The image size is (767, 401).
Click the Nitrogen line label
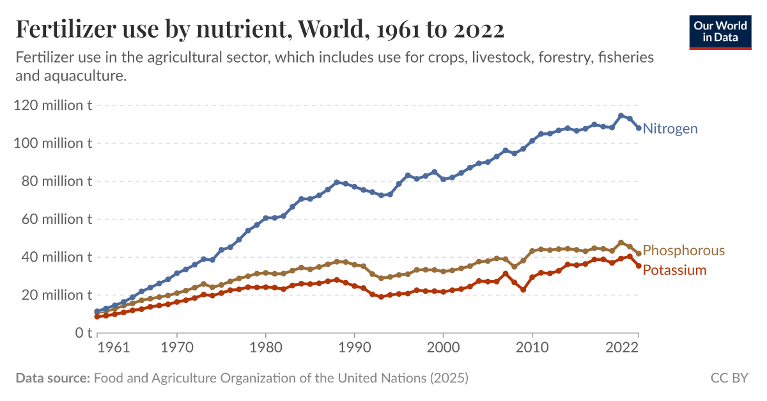pos(670,129)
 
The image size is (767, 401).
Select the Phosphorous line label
pos(683,250)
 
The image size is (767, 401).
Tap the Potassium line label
pos(674,270)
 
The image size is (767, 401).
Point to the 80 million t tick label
pos(52,181)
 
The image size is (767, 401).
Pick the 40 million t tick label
pos(52,257)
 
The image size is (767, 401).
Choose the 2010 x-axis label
pos(532,349)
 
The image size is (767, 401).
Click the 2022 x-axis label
pos(623,349)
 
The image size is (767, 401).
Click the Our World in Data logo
pos(720,31)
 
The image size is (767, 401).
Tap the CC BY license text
pos(729,378)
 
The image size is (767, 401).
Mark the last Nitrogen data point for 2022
pos(639,128)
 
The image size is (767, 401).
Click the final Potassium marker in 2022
pos(639,266)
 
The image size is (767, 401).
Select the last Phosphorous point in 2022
pos(639,254)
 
